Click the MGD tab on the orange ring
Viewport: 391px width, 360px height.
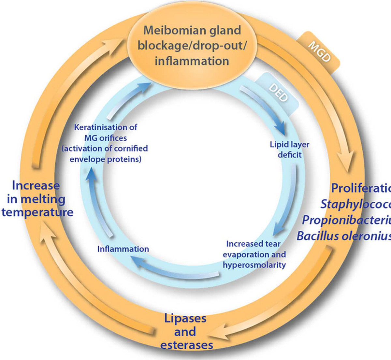click(x=319, y=52)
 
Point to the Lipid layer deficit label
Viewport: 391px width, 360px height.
click(x=290, y=149)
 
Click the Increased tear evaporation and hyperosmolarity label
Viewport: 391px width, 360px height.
click(x=254, y=254)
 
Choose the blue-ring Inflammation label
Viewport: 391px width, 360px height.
click(x=123, y=249)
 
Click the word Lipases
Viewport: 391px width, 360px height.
click(x=185, y=318)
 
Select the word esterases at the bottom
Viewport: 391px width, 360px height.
click(x=187, y=345)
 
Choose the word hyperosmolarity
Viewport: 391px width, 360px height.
click(x=254, y=265)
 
